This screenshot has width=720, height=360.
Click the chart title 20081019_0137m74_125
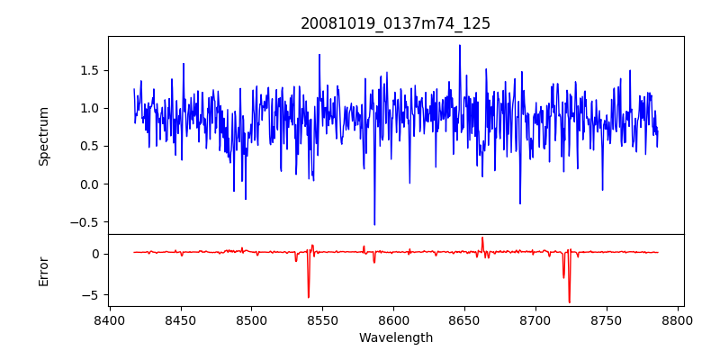pyautogui.click(x=395, y=23)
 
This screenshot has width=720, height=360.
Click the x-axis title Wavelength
pyautogui.click(x=395, y=337)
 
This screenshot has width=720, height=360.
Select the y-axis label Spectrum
pyautogui.click(x=43, y=135)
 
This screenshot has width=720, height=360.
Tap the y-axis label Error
pyautogui.click(x=43, y=270)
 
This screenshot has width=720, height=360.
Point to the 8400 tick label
pyautogui.click(x=110, y=320)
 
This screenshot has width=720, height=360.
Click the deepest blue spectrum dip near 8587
pyautogui.click(x=374, y=225)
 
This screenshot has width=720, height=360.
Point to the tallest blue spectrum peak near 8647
pyautogui.click(x=460, y=45)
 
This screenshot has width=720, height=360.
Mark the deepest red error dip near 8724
pyautogui.click(x=569, y=302)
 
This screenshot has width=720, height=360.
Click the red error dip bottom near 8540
pyautogui.click(x=309, y=298)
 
